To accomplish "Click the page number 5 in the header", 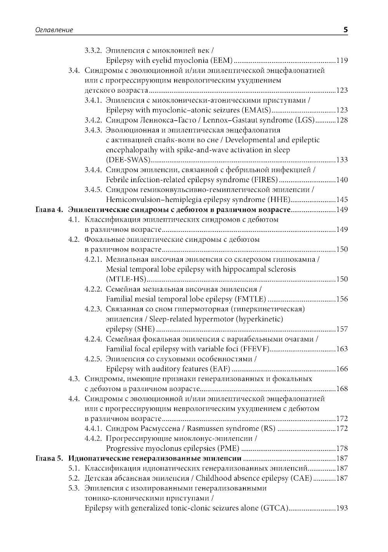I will click(345, 29).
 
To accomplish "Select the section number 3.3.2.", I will click(93, 50).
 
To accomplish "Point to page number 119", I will click(342, 60).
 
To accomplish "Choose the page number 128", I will click(342, 120).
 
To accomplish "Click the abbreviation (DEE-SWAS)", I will click(128, 160).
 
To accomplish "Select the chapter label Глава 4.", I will click(48, 210).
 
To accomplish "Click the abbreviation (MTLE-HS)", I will click(126, 279).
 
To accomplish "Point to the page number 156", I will click(342, 299).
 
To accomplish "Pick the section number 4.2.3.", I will click(93, 309).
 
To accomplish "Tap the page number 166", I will click(342, 369).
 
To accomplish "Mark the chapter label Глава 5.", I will click(48, 459).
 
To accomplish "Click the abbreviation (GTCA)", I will click(274, 508).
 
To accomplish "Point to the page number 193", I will click(342, 508).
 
